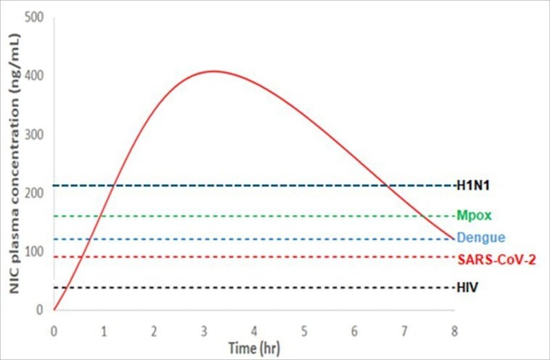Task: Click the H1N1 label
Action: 473,185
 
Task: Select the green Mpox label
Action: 474,216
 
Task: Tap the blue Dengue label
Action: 481,238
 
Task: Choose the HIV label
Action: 467,287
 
